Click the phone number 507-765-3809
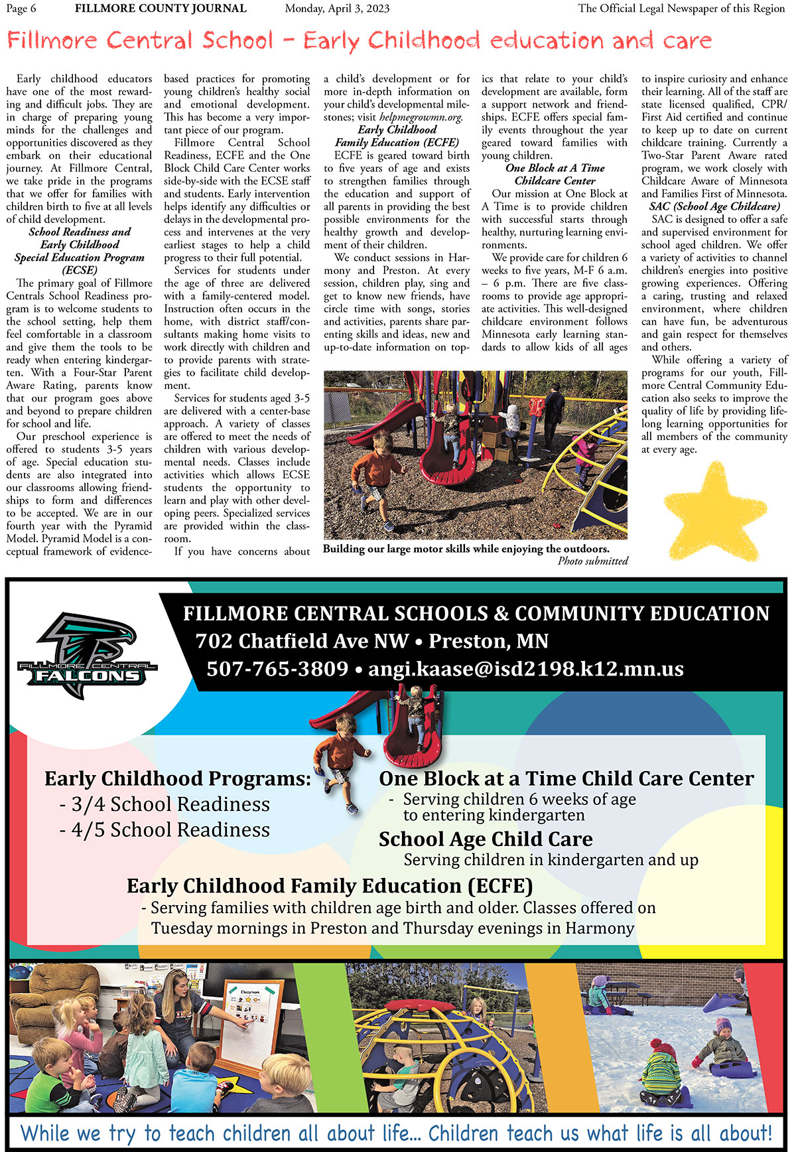277,669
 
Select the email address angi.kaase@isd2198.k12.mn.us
525,669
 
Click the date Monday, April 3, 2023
337,9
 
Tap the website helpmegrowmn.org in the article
421,117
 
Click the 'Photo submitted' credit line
592,561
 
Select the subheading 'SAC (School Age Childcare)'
714,206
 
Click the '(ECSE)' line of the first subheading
79,270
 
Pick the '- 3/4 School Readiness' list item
165,804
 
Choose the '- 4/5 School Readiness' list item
165,830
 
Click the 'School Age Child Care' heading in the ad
486,839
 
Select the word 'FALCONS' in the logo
88,676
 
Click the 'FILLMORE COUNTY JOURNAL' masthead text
161,9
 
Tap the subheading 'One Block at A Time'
555,168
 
